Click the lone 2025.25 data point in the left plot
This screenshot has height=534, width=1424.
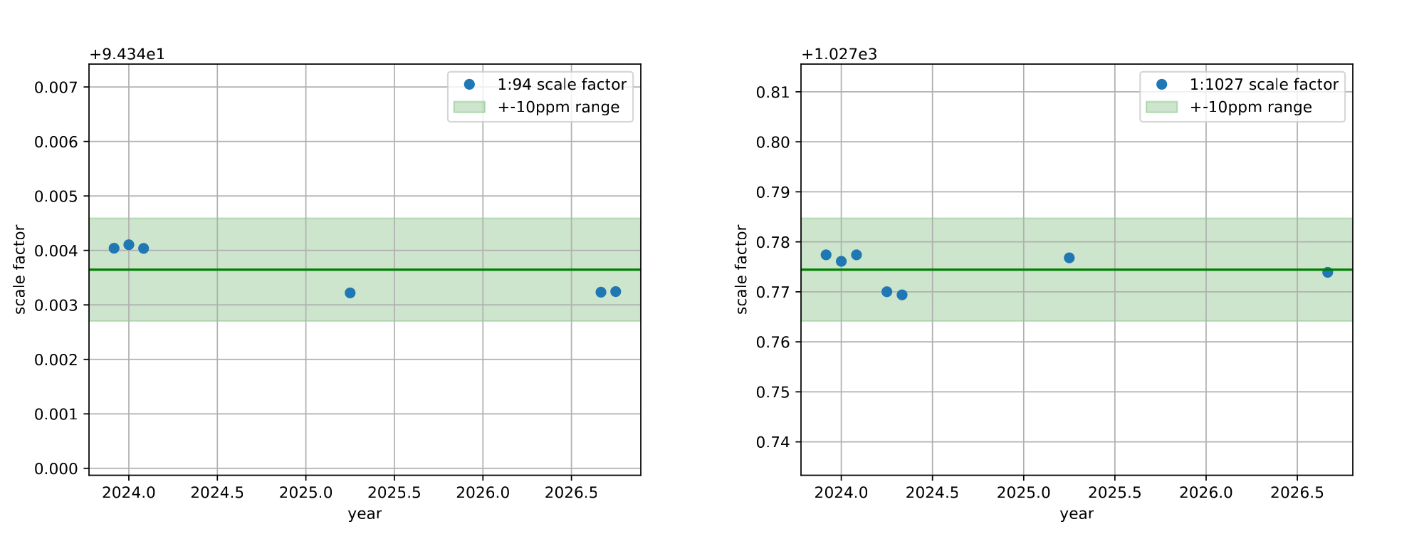(x=350, y=293)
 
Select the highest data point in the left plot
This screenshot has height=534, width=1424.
(x=129, y=245)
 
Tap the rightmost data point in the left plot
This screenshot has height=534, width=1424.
(x=616, y=292)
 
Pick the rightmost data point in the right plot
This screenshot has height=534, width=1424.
(x=1327, y=272)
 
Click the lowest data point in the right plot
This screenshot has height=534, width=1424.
(x=902, y=295)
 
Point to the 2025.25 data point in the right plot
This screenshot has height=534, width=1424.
(x=1069, y=258)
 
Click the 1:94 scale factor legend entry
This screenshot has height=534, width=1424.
(x=562, y=85)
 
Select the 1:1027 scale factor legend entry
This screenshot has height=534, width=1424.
(x=1264, y=85)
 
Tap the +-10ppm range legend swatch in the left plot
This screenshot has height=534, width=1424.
(x=469, y=107)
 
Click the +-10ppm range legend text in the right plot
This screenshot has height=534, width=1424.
(x=1251, y=108)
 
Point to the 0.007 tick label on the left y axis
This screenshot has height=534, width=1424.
(x=56, y=88)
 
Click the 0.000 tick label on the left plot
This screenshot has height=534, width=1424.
(x=56, y=468)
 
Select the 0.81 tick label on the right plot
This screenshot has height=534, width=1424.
(x=773, y=93)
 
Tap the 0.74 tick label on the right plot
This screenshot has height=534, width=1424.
(x=773, y=442)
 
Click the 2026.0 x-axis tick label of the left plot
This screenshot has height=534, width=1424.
(x=483, y=492)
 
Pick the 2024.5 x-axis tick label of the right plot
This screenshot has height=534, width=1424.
(x=932, y=492)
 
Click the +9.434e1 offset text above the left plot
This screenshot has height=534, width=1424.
(x=127, y=55)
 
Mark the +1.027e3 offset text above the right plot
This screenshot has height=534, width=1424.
(x=839, y=55)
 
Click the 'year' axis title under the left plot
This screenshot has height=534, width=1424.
(x=365, y=514)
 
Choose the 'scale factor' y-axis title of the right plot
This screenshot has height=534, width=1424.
(x=742, y=269)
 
